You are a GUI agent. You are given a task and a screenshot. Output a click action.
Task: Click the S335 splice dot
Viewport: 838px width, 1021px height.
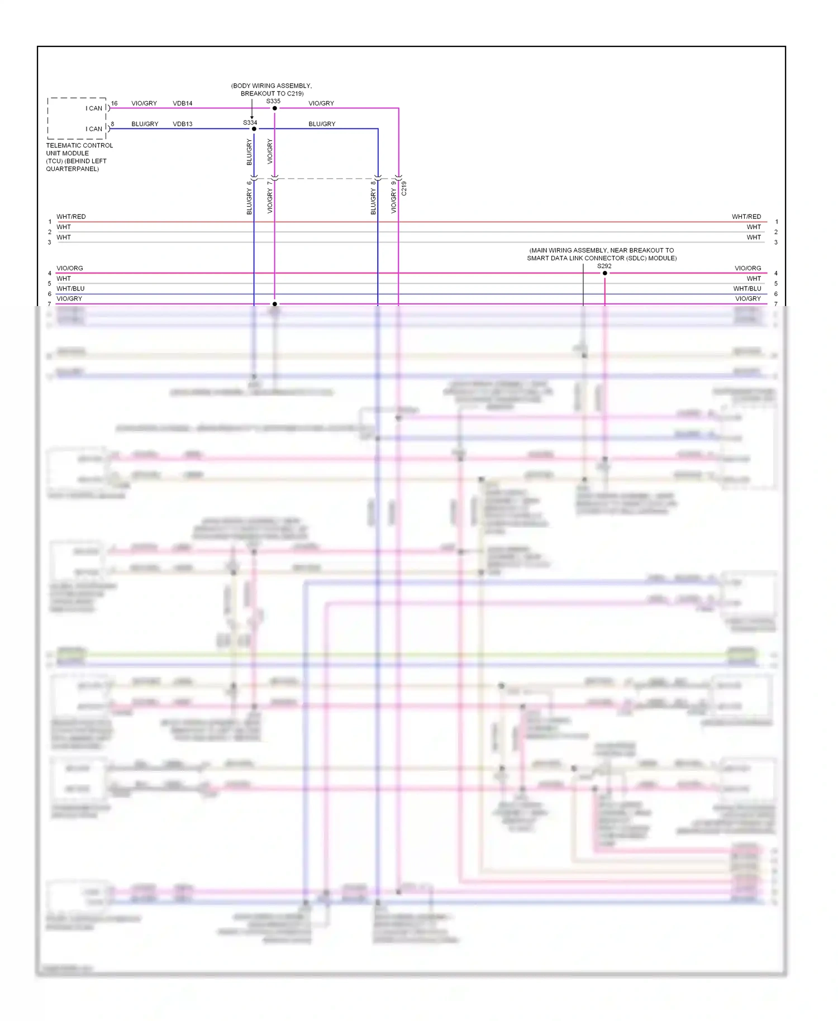pos(274,108)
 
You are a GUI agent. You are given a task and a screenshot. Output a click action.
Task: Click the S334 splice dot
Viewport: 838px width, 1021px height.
pos(254,129)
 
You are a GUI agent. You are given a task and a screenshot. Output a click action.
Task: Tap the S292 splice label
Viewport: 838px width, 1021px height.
pos(604,266)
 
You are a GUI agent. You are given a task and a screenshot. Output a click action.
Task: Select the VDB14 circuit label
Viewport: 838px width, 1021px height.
pos(183,103)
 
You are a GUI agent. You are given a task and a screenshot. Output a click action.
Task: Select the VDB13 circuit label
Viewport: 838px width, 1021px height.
pos(183,124)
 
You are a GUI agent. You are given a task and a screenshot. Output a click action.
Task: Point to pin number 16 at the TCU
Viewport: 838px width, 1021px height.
pos(115,103)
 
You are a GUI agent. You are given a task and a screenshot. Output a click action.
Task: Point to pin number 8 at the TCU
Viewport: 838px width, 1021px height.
pos(112,124)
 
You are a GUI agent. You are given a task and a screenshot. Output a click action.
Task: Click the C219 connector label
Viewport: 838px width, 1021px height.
pos(404,188)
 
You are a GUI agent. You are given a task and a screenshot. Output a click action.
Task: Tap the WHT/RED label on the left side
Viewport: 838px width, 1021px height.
pos(71,217)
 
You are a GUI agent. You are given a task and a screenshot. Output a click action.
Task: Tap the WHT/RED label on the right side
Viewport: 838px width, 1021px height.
pos(746,217)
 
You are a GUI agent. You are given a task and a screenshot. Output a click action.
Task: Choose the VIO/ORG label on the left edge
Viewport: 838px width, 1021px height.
pos(70,268)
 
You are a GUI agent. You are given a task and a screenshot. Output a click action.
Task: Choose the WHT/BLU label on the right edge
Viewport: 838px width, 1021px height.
pos(747,289)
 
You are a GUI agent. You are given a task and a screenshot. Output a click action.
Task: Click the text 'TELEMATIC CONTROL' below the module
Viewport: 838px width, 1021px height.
pos(79,146)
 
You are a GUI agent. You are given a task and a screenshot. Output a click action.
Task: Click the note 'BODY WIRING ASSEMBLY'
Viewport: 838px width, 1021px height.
pos(272,86)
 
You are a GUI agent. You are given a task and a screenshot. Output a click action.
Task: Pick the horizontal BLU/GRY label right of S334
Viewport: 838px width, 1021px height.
pos(322,124)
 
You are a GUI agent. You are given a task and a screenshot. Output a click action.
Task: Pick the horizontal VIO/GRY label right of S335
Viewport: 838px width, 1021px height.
pos(321,103)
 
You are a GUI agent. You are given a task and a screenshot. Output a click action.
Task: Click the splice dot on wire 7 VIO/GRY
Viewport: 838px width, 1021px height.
pos(274,304)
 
